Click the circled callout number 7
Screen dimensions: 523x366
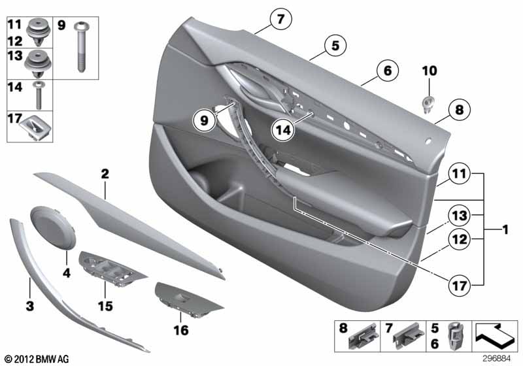pos(281,20)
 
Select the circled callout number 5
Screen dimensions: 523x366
pos(335,45)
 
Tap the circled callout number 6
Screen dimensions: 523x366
pos(387,71)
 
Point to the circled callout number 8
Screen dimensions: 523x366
pos(460,110)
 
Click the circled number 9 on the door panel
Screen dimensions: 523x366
pos(205,120)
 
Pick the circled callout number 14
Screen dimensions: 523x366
pos(283,129)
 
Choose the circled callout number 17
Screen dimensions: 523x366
pos(460,286)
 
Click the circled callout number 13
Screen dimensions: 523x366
pos(460,216)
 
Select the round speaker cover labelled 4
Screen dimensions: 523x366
pos(54,227)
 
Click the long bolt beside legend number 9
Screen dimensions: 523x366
pos(80,46)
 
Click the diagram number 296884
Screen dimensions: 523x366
pos(496,359)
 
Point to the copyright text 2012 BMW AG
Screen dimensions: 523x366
pos(37,359)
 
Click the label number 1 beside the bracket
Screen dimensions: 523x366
pos(505,229)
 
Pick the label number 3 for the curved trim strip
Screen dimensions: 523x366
pos(30,306)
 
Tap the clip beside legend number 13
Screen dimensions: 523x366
pos(38,63)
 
